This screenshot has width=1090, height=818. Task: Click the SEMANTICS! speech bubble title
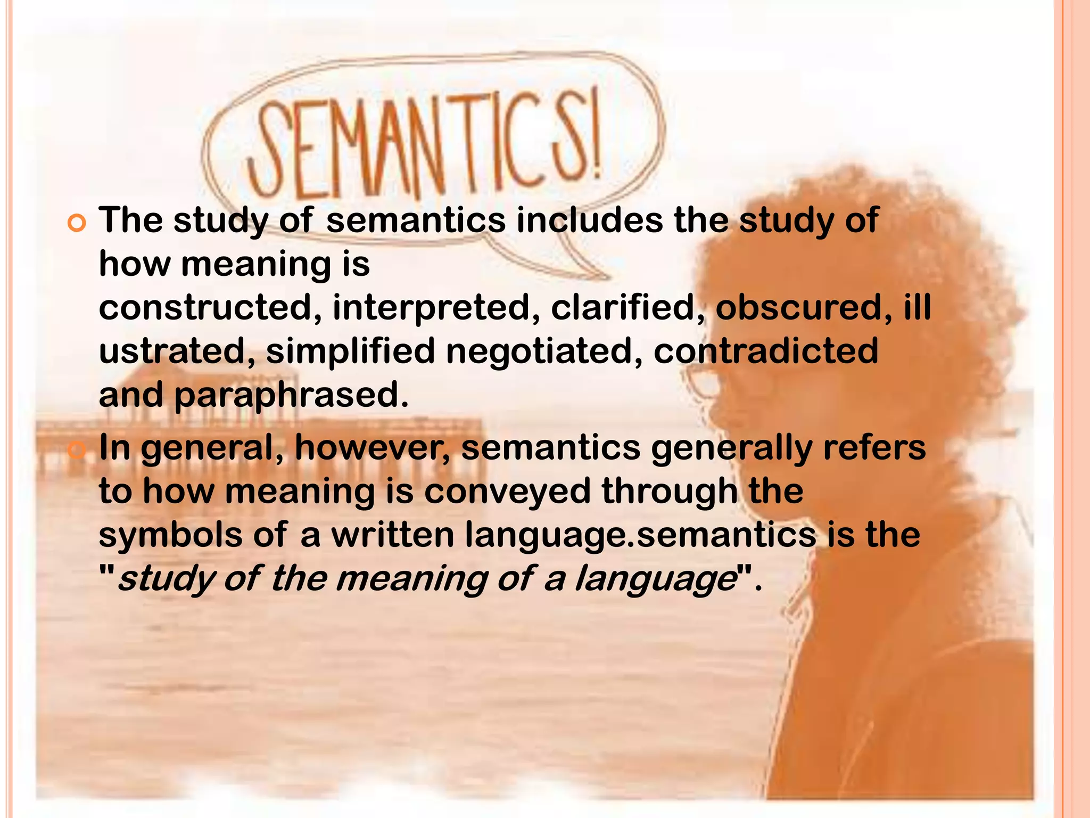click(426, 144)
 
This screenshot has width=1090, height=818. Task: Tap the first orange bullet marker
click(77, 224)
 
